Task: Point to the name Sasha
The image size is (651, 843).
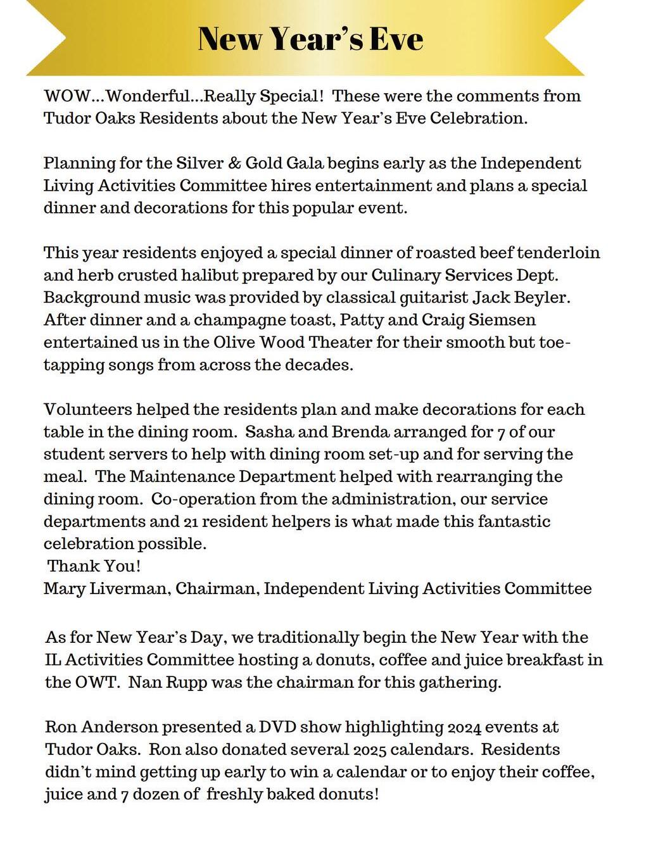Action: (265, 433)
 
